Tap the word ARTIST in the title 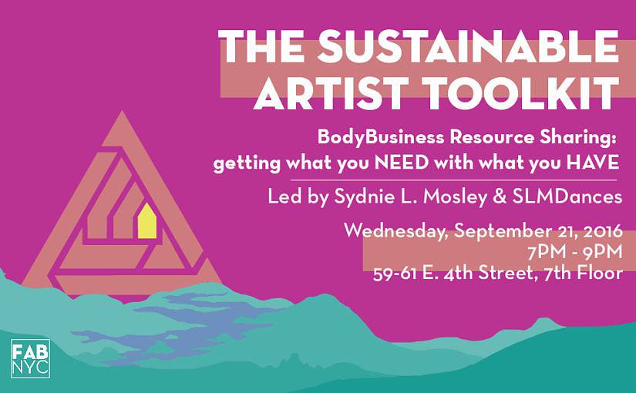(x=331, y=93)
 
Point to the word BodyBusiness (x=381, y=137)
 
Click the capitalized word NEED (x=402, y=163)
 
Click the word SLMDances (x=567, y=197)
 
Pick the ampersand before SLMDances (x=500, y=197)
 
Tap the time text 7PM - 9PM (x=575, y=252)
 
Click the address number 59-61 (x=395, y=274)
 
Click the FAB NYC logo (x=30, y=358)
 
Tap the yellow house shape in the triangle (x=146, y=221)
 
